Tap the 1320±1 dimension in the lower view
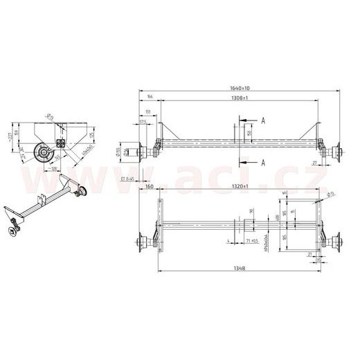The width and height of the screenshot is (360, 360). point(240,188)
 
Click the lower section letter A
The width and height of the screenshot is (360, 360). point(264,163)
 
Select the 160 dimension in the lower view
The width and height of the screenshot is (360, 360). point(149,188)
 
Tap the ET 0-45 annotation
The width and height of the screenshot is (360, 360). point(127,179)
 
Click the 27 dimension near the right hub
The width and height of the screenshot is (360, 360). point(314,163)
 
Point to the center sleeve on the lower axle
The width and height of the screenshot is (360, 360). point(248,226)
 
